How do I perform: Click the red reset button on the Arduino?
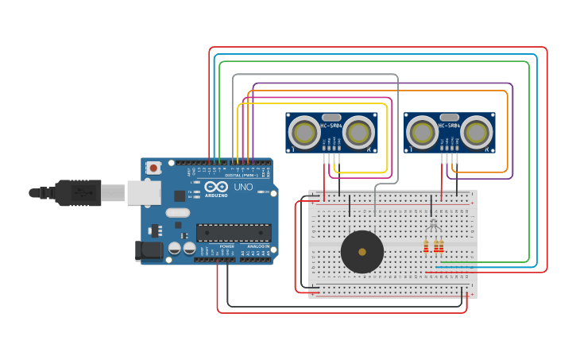(x=153, y=168)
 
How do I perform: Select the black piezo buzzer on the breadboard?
(x=362, y=252)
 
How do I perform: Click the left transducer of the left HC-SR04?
(x=304, y=131)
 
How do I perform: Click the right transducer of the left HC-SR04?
(x=358, y=131)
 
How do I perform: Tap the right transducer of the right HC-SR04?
(x=477, y=131)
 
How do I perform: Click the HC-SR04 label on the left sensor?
(x=331, y=126)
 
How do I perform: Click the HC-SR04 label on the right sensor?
(x=450, y=126)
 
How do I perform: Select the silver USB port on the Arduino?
(x=144, y=192)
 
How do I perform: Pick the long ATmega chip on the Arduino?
(x=234, y=233)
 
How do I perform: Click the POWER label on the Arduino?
(x=227, y=246)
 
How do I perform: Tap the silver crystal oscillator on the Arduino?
(x=178, y=212)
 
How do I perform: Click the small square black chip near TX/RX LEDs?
(x=180, y=195)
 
